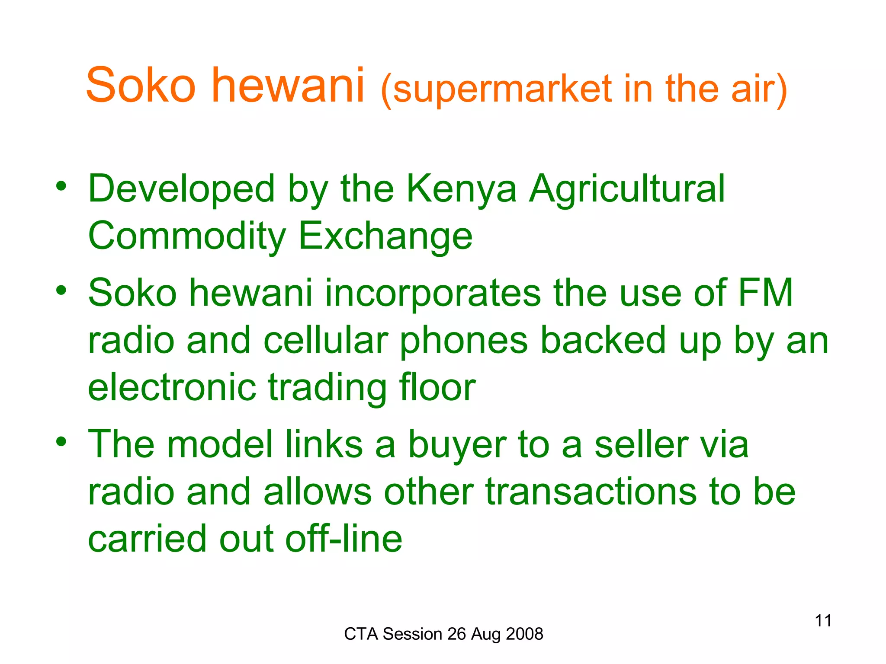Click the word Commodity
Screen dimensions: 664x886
point(187,236)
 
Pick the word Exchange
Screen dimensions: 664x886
point(385,236)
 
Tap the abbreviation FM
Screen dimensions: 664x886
point(765,293)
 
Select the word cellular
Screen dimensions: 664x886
point(326,340)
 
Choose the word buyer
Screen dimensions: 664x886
point(457,445)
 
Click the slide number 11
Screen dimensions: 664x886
point(823,621)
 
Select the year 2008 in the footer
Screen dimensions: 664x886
point(524,634)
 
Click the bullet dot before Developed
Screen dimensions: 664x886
point(61,186)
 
